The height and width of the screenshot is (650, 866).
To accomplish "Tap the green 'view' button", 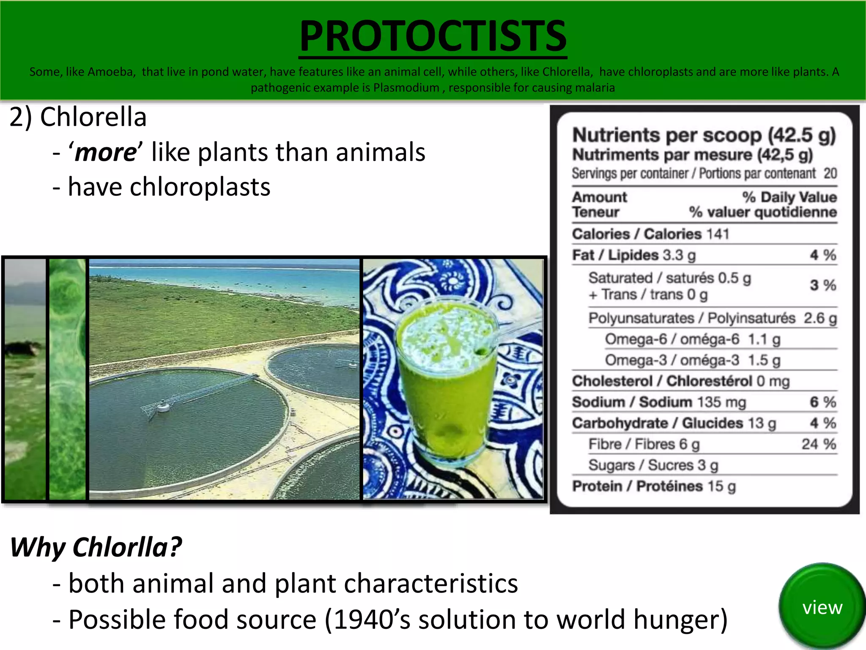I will [822, 608].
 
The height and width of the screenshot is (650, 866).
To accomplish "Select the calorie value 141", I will [718, 234].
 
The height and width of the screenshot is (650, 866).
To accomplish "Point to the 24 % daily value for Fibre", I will [819, 444].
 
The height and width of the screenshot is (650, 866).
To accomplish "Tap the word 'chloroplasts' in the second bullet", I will [200, 187].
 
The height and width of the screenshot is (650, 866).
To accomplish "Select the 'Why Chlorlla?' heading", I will [96, 547].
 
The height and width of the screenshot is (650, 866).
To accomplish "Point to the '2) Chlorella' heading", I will [78, 117].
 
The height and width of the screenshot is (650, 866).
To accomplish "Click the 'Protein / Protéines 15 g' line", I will [654, 486].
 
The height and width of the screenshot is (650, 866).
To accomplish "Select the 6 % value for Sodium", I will [822, 402].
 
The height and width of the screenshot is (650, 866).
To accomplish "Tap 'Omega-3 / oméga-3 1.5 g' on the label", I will [692, 360].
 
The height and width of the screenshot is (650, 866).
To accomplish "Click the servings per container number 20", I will [830, 174].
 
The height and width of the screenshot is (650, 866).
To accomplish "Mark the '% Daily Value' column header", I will [789, 197].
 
